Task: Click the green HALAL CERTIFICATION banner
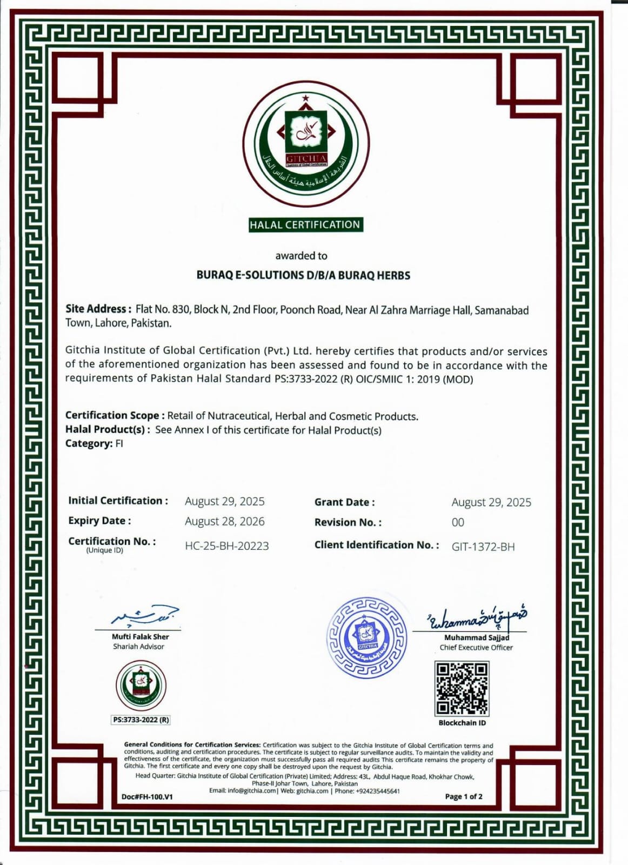[305, 225]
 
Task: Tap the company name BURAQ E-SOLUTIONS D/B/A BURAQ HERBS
[303, 275]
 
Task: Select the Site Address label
[98, 309]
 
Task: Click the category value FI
[119, 444]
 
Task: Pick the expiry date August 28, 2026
[224, 522]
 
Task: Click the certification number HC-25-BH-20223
[226, 546]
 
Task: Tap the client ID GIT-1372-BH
[483, 547]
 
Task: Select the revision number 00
[458, 523]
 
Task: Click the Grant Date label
[344, 502]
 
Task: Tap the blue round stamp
[368, 638]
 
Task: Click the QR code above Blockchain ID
[462, 688]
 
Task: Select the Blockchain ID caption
[462, 723]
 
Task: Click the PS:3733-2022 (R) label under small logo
[141, 720]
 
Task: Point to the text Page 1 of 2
[464, 796]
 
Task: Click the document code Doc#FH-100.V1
[147, 797]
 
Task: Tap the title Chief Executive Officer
[476, 648]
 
